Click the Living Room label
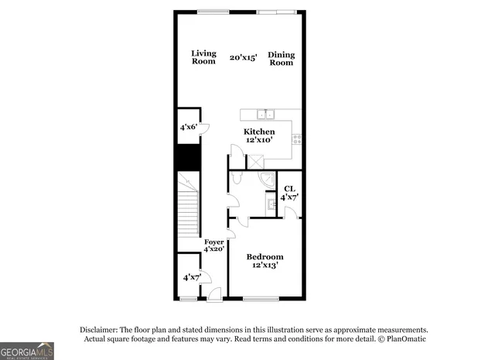203,57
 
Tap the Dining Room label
281,58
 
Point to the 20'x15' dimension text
243,57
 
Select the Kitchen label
259,132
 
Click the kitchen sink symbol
265,115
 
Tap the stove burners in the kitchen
296,139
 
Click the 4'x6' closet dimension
188,127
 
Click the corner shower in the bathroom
267,180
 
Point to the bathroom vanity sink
271,204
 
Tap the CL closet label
289,189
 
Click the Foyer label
214,242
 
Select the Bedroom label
265,256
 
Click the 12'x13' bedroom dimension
265,266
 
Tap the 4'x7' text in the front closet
192,276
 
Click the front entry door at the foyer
213,294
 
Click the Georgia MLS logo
27,351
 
